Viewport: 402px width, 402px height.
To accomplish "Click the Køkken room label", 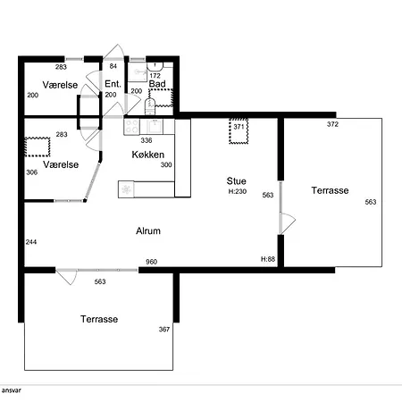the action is click(x=148, y=155).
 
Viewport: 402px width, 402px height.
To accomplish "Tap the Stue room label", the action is click(x=236, y=181).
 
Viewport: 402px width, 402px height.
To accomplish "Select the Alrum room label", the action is click(x=148, y=230).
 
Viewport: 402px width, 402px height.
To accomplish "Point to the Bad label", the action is click(x=157, y=84).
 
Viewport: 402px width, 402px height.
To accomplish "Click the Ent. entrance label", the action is click(x=113, y=84).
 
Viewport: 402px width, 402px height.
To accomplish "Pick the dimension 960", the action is click(x=152, y=262).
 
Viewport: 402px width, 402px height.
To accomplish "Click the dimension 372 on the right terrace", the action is click(x=332, y=124).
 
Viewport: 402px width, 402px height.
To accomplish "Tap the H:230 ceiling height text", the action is click(x=238, y=191).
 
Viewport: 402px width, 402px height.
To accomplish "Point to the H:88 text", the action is click(x=268, y=259).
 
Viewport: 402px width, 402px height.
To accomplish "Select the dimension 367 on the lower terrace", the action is click(x=164, y=329).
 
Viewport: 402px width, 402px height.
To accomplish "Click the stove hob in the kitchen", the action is click(x=132, y=127).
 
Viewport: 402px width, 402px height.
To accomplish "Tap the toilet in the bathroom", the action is click(x=150, y=106).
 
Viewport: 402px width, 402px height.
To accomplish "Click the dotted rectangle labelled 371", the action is click(x=239, y=131).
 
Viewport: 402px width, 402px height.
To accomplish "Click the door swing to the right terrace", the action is click(x=288, y=223).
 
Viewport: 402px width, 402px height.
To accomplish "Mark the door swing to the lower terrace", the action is click(x=67, y=277).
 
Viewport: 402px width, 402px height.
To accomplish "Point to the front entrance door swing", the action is click(x=114, y=51).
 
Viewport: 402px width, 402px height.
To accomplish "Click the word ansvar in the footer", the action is click(x=11, y=390).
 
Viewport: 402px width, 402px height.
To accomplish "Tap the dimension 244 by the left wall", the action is click(x=31, y=242).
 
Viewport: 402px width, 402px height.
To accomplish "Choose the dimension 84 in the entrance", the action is click(x=113, y=66).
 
